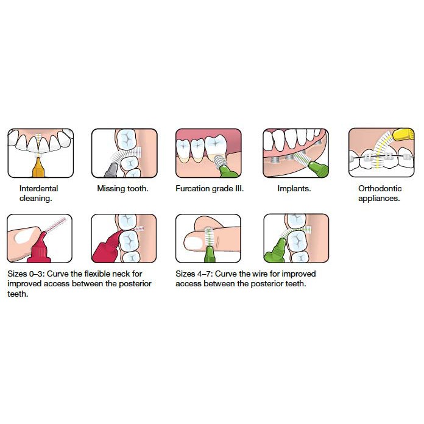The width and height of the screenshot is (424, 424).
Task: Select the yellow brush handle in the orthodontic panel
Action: (x=403, y=135)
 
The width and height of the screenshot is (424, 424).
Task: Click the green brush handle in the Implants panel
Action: (x=319, y=169)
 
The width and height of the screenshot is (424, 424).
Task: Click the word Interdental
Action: (x=38, y=188)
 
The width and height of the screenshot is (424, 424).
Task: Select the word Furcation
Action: (x=193, y=188)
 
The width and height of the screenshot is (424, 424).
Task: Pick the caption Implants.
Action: (x=294, y=188)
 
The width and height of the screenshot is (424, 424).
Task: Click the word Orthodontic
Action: (x=380, y=188)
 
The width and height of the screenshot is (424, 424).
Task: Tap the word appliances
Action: (x=379, y=199)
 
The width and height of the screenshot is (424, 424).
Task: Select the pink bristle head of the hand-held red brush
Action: (x=56, y=224)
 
